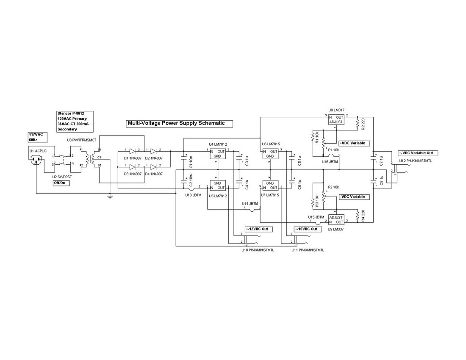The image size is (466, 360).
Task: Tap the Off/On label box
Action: [61, 183]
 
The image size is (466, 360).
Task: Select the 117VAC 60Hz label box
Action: [36, 136]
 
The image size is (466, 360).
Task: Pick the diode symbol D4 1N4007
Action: [153, 167]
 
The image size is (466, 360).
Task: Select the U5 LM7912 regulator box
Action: [217, 185]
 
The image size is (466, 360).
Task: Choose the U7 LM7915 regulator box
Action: [270, 185]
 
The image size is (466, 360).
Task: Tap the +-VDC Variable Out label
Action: [418, 153]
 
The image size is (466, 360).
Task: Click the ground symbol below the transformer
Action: [110, 196]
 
